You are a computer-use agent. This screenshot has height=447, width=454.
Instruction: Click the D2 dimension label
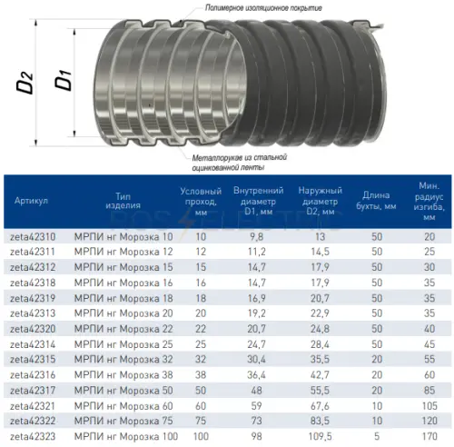point(25,83)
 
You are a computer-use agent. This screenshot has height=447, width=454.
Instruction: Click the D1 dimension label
point(63,80)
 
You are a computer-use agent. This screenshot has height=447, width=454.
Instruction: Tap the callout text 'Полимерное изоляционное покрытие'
point(263,8)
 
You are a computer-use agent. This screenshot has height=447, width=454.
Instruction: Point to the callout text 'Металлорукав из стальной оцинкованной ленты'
point(240,163)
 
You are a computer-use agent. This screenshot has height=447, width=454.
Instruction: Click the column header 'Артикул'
point(31,201)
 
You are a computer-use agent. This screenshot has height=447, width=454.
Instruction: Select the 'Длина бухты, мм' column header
point(376,201)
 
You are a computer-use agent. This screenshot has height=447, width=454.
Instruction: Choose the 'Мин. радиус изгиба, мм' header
point(429,201)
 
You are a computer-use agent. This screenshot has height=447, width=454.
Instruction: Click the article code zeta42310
point(33,236)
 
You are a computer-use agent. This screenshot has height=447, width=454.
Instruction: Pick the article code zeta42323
point(33,436)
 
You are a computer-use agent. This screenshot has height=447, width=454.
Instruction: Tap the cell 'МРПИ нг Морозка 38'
point(123,375)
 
